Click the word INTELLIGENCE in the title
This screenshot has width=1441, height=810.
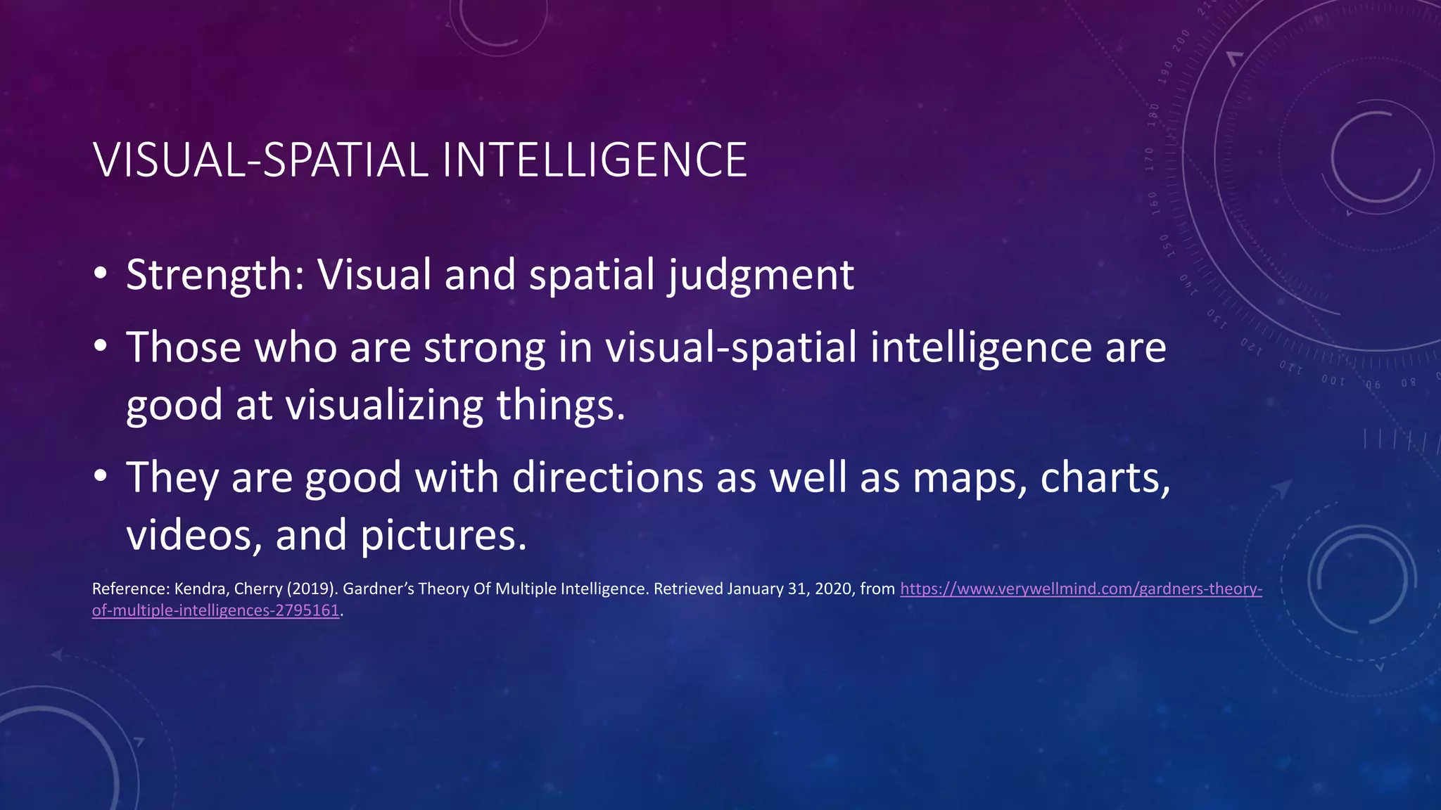(x=595, y=160)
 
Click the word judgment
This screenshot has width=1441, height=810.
(x=761, y=275)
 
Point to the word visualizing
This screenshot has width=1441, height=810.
(x=383, y=406)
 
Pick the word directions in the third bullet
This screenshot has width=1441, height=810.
(x=607, y=477)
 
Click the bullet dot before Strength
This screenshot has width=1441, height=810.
(x=100, y=274)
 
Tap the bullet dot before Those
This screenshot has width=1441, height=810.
(x=100, y=346)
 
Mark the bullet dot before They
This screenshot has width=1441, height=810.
(x=100, y=476)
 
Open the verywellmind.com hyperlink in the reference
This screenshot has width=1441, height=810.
(x=1081, y=589)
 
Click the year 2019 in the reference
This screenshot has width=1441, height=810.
(x=310, y=589)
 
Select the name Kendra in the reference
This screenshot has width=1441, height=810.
(x=200, y=589)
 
